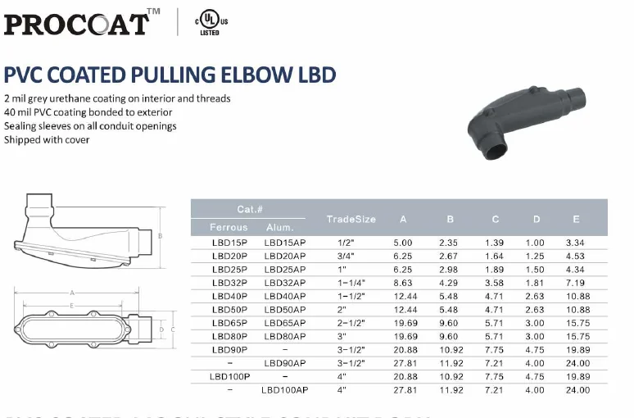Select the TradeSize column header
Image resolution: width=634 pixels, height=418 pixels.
coord(351,219)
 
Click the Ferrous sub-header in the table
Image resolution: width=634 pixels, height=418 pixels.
coord(229,227)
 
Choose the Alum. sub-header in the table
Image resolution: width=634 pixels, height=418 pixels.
coord(283,227)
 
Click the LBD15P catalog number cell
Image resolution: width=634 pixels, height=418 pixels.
coord(229,243)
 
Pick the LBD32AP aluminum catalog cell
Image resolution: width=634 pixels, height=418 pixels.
coord(284,283)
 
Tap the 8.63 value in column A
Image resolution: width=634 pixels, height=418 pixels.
coord(402,283)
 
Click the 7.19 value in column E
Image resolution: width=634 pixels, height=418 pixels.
coord(575,283)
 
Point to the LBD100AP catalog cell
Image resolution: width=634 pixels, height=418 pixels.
coord(284,390)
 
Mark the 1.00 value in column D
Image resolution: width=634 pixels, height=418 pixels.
coord(535,243)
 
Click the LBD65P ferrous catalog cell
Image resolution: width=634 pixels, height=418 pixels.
coord(229,322)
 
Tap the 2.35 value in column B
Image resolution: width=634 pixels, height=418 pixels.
coord(448,243)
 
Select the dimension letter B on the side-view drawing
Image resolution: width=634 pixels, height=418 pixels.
coord(161,235)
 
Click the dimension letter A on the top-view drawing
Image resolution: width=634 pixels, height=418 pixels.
coord(72,293)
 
